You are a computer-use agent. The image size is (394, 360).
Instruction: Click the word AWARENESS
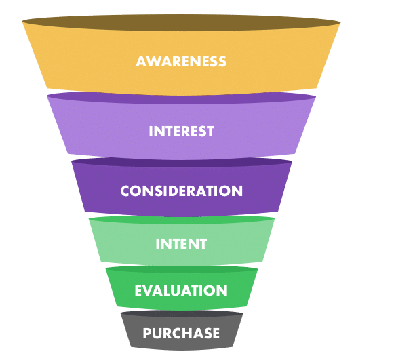[x=181, y=62]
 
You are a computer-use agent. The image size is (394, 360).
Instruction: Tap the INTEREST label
[x=181, y=131]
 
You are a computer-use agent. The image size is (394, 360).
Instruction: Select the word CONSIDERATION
[x=182, y=191]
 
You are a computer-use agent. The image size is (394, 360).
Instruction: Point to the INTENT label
[x=181, y=243]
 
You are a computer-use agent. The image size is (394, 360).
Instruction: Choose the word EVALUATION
[x=181, y=291]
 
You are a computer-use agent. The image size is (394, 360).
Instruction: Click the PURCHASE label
[x=181, y=334]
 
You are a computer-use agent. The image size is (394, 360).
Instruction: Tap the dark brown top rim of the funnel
[x=182, y=22]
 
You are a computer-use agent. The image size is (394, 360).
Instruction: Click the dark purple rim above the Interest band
[x=182, y=98]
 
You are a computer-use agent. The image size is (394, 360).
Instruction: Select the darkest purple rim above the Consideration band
[x=182, y=162]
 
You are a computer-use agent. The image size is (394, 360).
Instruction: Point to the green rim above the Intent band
[x=182, y=219]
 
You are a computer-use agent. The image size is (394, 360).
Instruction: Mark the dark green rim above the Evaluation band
[x=182, y=270]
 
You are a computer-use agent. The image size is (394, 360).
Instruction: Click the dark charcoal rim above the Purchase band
[x=182, y=313]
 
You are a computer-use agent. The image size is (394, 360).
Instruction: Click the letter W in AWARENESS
[x=155, y=62]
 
